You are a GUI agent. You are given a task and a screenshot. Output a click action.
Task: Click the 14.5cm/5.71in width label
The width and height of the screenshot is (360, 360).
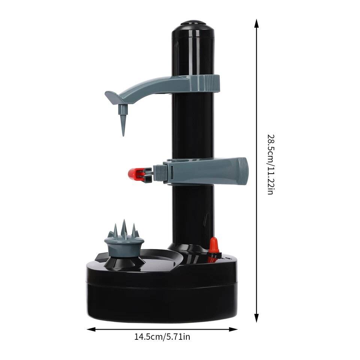click(x=162, y=337)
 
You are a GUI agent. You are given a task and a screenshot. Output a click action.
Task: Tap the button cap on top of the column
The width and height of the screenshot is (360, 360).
click(x=193, y=23)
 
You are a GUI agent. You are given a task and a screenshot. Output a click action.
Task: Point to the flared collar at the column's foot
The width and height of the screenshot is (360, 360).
click(x=187, y=249)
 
